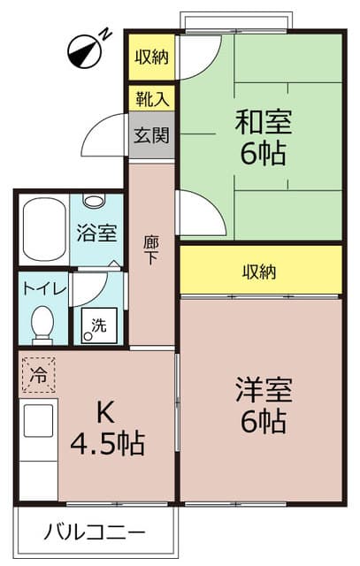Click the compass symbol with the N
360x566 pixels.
point(84,50)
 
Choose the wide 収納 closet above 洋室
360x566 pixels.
point(260,271)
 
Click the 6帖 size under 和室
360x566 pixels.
point(263,155)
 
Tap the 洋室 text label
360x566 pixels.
point(263,389)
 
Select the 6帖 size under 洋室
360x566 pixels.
point(263,422)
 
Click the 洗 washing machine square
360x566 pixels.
point(98,325)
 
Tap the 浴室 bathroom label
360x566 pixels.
point(96,233)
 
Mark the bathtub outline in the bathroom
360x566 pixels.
point(42,230)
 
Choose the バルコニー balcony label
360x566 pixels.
point(95,534)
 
